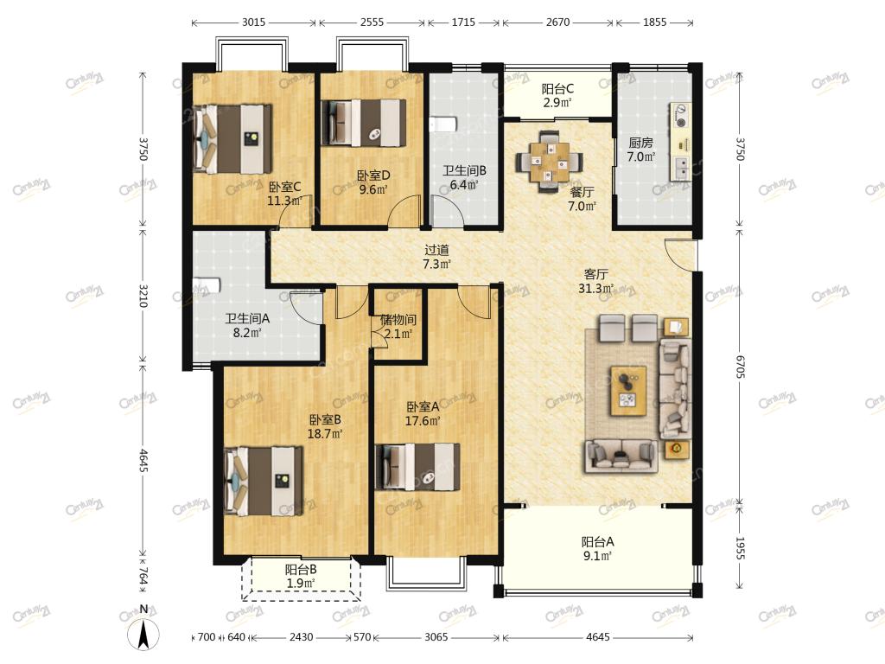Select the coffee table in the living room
click(628, 390)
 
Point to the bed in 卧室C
click(232, 139)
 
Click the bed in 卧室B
click(263, 481)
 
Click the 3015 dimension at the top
click(253, 22)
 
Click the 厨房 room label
click(640, 143)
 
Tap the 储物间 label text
click(398, 320)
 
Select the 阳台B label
click(300, 570)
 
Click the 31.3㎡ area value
click(596, 289)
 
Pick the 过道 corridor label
click(436, 250)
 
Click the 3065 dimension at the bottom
click(436, 637)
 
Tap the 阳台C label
click(557, 89)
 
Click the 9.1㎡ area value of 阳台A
click(598, 556)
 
